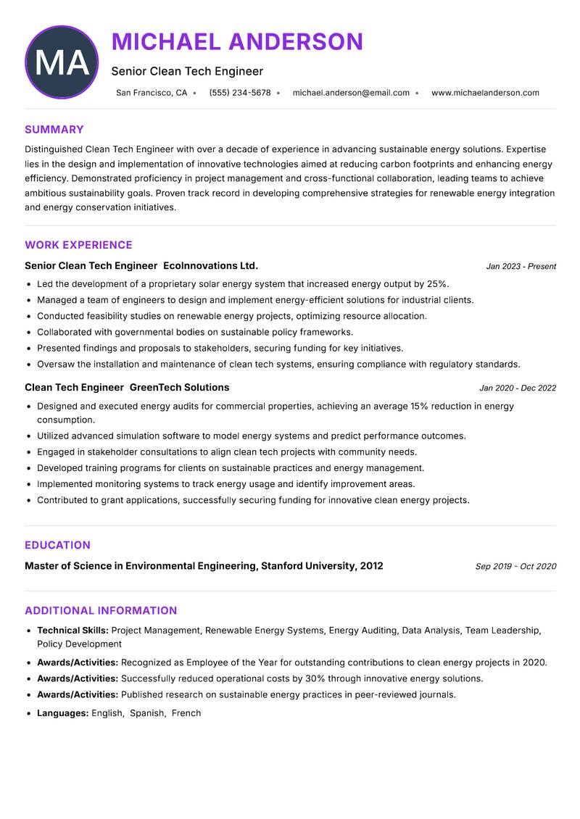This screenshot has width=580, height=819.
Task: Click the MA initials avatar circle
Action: [62, 62]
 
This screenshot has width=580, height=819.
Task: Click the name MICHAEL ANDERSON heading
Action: [237, 42]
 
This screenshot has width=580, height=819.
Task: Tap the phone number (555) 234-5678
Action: [240, 93]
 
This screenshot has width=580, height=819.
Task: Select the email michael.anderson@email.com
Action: [351, 93]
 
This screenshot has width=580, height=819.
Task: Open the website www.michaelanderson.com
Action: [485, 93]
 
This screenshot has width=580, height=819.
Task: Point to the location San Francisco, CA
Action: [152, 93]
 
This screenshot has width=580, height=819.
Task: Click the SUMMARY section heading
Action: [54, 130]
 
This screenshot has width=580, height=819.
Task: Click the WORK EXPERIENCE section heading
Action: [78, 245]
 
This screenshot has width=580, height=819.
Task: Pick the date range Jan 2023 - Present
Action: [521, 267]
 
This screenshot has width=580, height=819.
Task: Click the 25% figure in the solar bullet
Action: [437, 284]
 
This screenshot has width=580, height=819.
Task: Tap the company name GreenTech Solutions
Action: [179, 388]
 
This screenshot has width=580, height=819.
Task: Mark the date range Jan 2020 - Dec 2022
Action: [518, 388]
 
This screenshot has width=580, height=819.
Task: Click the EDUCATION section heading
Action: [57, 545]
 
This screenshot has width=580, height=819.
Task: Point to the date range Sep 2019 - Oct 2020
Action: [515, 567]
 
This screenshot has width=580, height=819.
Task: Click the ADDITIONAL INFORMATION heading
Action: [101, 611]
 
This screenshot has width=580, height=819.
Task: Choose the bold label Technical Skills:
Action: [72, 631]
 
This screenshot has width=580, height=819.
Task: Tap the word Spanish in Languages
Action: [147, 713]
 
